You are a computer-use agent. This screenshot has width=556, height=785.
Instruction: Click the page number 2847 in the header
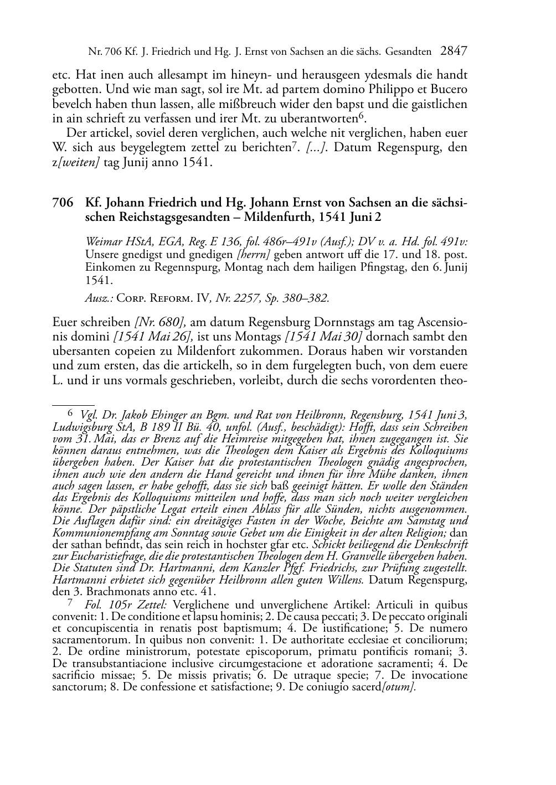[454, 52]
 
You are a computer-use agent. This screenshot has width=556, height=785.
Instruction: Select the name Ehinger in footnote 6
[166, 415]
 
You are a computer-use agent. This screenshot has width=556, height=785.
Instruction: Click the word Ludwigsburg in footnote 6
[80, 427]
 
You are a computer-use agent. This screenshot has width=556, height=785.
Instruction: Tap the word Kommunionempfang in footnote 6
[99, 533]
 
